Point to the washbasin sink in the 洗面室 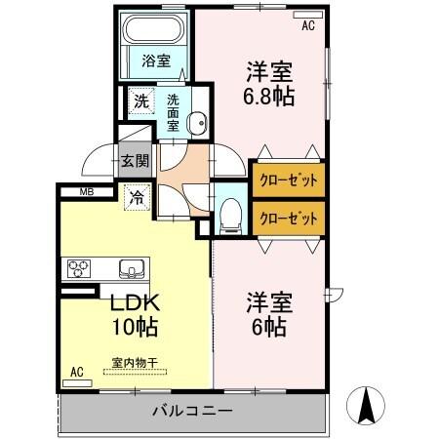[x=195, y=123]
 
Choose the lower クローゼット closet [x=289, y=218]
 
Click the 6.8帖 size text [x=268, y=97]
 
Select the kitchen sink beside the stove [x=130, y=268]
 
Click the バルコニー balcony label [x=191, y=411]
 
